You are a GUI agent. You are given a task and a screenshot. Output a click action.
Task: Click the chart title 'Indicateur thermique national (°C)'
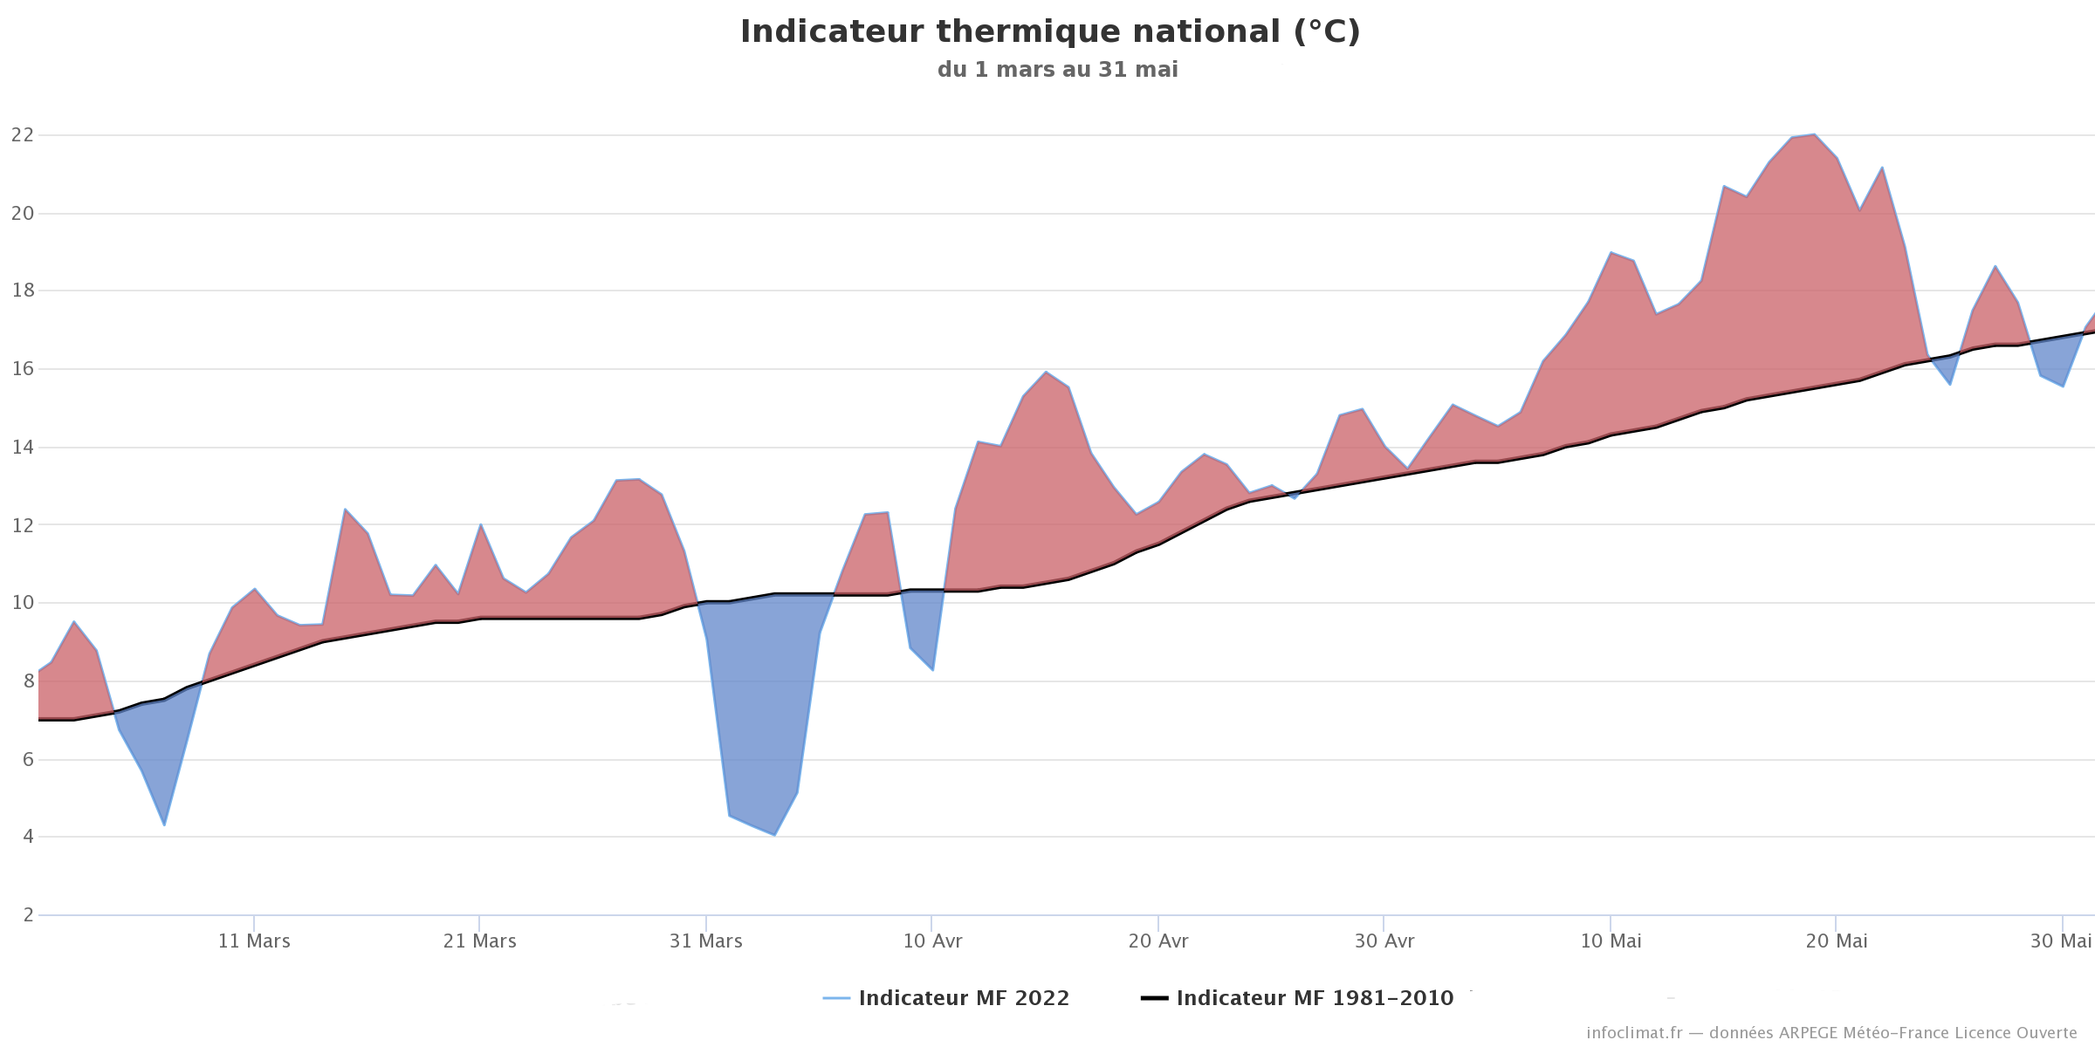click(x=1050, y=32)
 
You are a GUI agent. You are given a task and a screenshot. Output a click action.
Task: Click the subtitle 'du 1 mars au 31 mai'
click(x=1058, y=70)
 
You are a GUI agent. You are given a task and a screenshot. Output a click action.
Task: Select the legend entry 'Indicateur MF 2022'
click(x=946, y=998)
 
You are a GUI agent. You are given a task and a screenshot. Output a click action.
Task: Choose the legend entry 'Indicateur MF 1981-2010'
click(x=1297, y=998)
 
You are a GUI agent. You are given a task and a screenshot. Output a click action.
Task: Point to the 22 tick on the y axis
click(x=23, y=135)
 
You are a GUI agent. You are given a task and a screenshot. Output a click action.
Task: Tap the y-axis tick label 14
click(x=23, y=448)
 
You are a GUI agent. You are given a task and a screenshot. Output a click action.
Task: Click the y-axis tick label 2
click(x=29, y=915)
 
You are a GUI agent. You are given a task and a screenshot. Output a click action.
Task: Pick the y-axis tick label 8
click(x=29, y=681)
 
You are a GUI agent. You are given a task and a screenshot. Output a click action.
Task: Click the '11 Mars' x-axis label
click(x=254, y=941)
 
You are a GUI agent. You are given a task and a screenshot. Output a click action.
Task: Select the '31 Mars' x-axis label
click(x=706, y=941)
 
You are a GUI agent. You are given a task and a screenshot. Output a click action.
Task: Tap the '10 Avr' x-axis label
click(x=932, y=941)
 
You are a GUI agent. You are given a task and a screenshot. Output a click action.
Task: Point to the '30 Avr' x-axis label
click(x=1384, y=941)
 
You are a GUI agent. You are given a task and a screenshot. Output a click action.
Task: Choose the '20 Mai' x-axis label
click(x=1837, y=941)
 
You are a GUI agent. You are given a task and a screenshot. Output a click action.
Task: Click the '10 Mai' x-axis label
click(x=1611, y=941)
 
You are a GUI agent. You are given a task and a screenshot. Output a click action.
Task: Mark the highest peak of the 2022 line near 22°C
click(x=1814, y=134)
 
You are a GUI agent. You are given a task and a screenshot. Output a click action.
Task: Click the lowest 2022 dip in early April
click(x=774, y=835)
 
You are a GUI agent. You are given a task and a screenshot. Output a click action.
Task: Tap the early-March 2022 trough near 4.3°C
click(x=164, y=825)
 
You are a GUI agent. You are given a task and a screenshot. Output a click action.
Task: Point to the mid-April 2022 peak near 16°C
click(x=1046, y=372)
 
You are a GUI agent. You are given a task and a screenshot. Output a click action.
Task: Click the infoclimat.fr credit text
click(x=1831, y=1033)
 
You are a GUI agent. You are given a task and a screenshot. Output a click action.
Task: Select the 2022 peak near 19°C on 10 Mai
click(x=1611, y=252)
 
